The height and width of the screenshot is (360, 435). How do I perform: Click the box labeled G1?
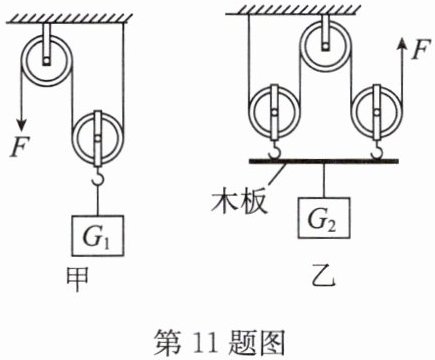tap(98, 236)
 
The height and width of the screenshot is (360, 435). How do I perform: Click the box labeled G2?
tap(324, 218)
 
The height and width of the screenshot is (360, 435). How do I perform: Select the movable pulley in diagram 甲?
tap(98, 138)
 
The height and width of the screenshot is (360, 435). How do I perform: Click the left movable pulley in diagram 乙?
tap(274, 112)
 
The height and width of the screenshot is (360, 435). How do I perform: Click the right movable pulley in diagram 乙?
tap(377, 112)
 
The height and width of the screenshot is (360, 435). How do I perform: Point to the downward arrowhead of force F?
tap(22, 125)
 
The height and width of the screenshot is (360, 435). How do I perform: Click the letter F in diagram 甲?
tap(19, 147)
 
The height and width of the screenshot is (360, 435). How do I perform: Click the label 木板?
tap(239, 202)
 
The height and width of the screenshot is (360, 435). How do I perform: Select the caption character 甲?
tap(78, 279)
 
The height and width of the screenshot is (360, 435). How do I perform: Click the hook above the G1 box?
tap(98, 176)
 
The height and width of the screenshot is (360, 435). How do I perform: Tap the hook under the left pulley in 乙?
tap(274, 150)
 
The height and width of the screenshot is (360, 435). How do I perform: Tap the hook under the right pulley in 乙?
tap(377, 150)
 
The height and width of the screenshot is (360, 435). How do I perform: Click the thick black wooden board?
tap(323, 161)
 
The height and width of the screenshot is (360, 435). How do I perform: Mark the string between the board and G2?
tap(324, 181)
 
